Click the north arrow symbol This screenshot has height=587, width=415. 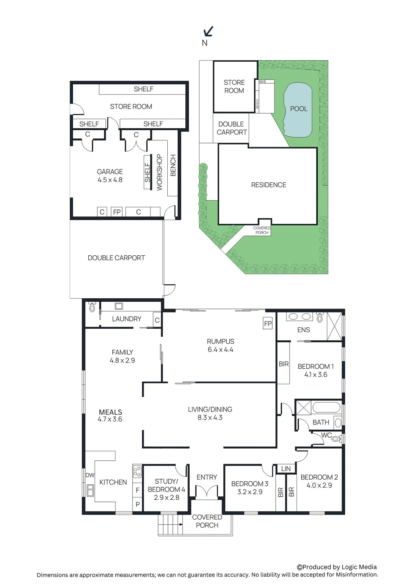tap(208, 32)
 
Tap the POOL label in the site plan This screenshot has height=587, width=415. tap(299, 109)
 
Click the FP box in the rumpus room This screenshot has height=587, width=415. tap(268, 324)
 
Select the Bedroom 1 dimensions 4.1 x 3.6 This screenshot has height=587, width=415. tap(316, 375)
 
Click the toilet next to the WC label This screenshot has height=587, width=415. tap(336, 438)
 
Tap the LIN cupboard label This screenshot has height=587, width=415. tap(286, 468)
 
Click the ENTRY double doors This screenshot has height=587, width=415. tap(207, 491)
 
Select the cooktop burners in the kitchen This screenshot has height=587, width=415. tap(137, 471)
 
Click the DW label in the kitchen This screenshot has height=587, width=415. tap(90, 475)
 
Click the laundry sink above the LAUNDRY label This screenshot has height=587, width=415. tap(119, 306)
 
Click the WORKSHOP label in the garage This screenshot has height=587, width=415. tap(159, 172)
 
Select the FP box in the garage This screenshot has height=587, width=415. tap(117, 212)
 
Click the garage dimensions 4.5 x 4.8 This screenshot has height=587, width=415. tap(110, 180)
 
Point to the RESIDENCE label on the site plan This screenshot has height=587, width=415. tap(269, 185)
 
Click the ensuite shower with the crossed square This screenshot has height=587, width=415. tap(334, 327)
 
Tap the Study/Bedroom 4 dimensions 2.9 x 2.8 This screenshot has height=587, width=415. tap(167, 497)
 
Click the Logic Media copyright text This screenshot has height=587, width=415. tap(336, 567)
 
